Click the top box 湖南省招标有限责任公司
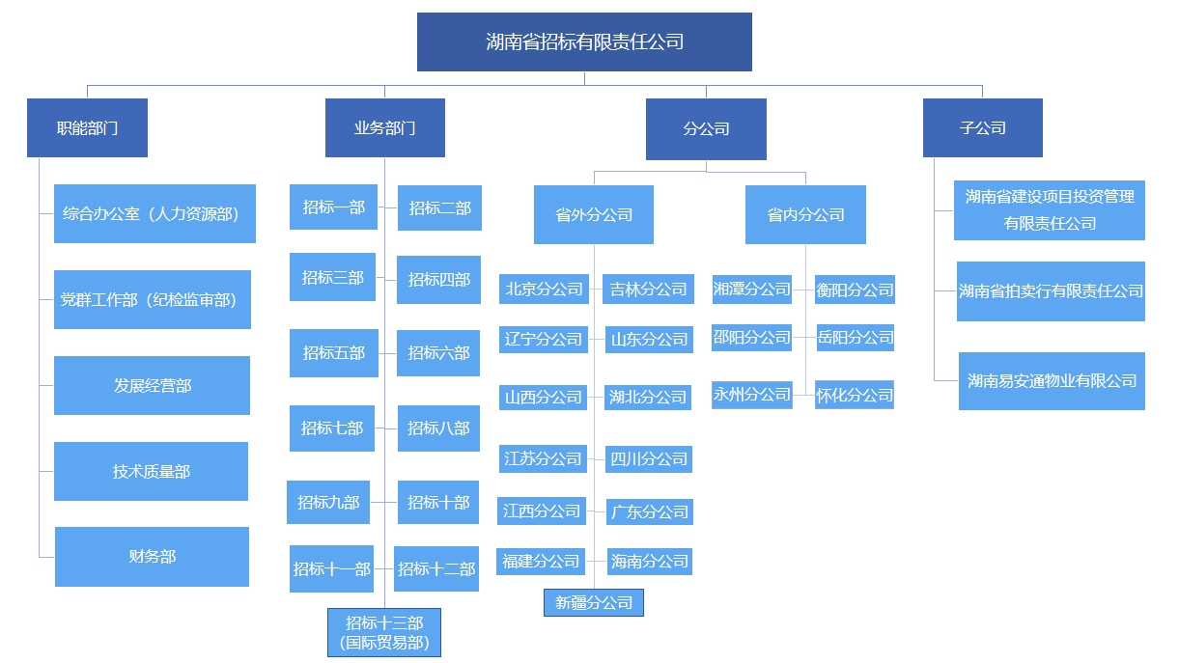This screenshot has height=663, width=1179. click(584, 41)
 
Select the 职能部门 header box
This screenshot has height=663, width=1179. click(87, 127)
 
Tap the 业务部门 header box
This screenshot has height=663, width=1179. click(384, 127)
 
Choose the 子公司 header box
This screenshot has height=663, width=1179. click(982, 127)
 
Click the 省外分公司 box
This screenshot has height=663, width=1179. click(593, 214)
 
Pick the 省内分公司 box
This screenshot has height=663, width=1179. click(805, 214)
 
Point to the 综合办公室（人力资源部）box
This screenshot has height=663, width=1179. click(154, 213)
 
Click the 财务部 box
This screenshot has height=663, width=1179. click(152, 557)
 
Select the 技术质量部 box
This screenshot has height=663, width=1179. click(151, 471)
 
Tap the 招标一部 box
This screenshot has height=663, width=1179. click(333, 207)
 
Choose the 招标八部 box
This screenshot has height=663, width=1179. click(438, 428)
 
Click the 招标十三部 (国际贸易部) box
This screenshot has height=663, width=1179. click(384, 632)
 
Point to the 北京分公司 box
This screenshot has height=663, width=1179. click(544, 289)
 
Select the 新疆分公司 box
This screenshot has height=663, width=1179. click(593, 602)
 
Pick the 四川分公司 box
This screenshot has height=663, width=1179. click(649, 458)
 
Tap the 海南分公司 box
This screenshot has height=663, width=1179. click(649, 561)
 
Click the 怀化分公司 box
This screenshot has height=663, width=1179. click(855, 395)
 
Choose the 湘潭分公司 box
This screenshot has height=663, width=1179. click(751, 289)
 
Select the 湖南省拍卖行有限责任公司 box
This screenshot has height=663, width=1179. click(1051, 290)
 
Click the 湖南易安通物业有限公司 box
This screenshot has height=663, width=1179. click(1052, 380)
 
